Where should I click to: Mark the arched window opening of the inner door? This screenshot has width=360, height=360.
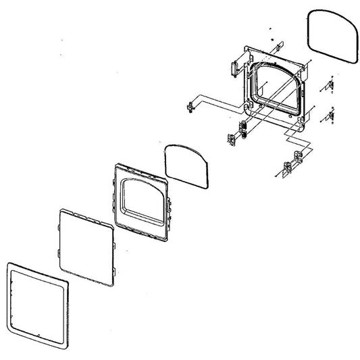click(276, 86)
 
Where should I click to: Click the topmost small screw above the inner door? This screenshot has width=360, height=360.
click(269, 29)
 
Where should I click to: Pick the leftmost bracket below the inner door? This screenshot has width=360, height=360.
click(232, 138)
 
